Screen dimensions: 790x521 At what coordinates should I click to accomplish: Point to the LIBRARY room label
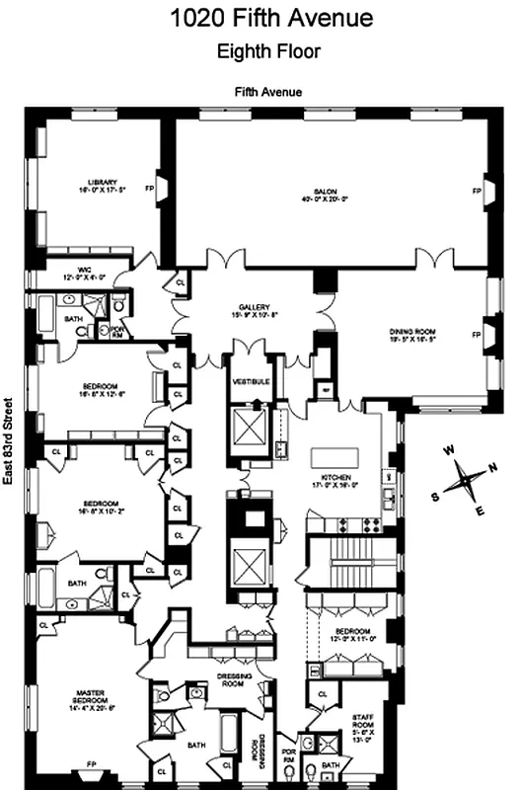point(103,182)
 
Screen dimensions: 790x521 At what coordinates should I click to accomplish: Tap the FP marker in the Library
point(151,187)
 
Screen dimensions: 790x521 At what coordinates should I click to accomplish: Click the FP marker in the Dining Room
point(476,336)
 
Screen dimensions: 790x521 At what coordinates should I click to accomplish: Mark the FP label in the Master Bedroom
point(91,764)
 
